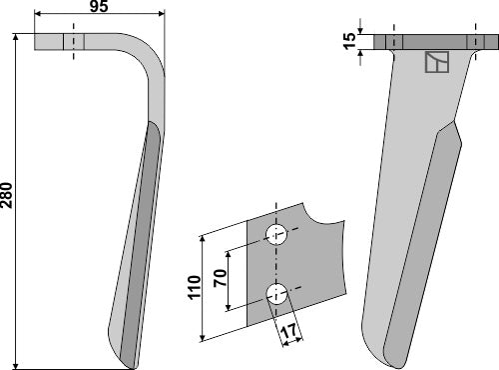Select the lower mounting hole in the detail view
point(277,293)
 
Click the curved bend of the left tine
point(148,55)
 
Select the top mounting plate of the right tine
point(429,42)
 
